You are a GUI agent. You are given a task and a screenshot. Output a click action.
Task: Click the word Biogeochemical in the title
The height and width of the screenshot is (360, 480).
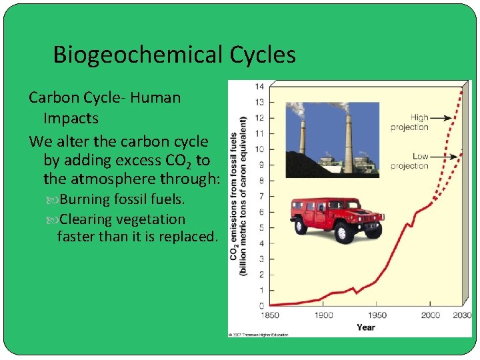(139, 55)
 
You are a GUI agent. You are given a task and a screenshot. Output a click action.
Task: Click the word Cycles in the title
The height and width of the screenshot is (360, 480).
(263, 55)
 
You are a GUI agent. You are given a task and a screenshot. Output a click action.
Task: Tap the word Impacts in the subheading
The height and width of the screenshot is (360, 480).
(71, 119)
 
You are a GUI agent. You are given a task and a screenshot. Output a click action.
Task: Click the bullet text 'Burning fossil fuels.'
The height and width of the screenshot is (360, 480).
(123, 199)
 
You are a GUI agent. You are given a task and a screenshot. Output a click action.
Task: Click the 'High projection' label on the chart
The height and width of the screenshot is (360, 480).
(409, 122)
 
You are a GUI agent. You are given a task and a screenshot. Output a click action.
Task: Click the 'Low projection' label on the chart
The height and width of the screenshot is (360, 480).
(409, 161)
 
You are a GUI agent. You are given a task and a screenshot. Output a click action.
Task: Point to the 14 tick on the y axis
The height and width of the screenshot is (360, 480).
(259, 87)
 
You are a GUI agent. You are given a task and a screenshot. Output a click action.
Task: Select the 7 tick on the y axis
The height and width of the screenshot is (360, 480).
(261, 196)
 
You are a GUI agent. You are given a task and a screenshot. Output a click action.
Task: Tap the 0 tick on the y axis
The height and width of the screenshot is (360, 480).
(261, 305)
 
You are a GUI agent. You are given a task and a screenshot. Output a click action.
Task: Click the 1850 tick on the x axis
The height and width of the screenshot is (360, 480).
(270, 315)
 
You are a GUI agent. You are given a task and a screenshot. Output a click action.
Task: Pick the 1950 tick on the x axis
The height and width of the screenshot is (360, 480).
(377, 315)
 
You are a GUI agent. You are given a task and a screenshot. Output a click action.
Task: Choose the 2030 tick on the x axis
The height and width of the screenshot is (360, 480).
(461, 315)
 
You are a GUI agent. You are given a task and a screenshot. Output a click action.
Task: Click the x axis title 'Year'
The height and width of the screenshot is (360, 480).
(365, 327)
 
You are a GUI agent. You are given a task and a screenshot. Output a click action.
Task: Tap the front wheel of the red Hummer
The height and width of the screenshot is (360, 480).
(344, 233)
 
